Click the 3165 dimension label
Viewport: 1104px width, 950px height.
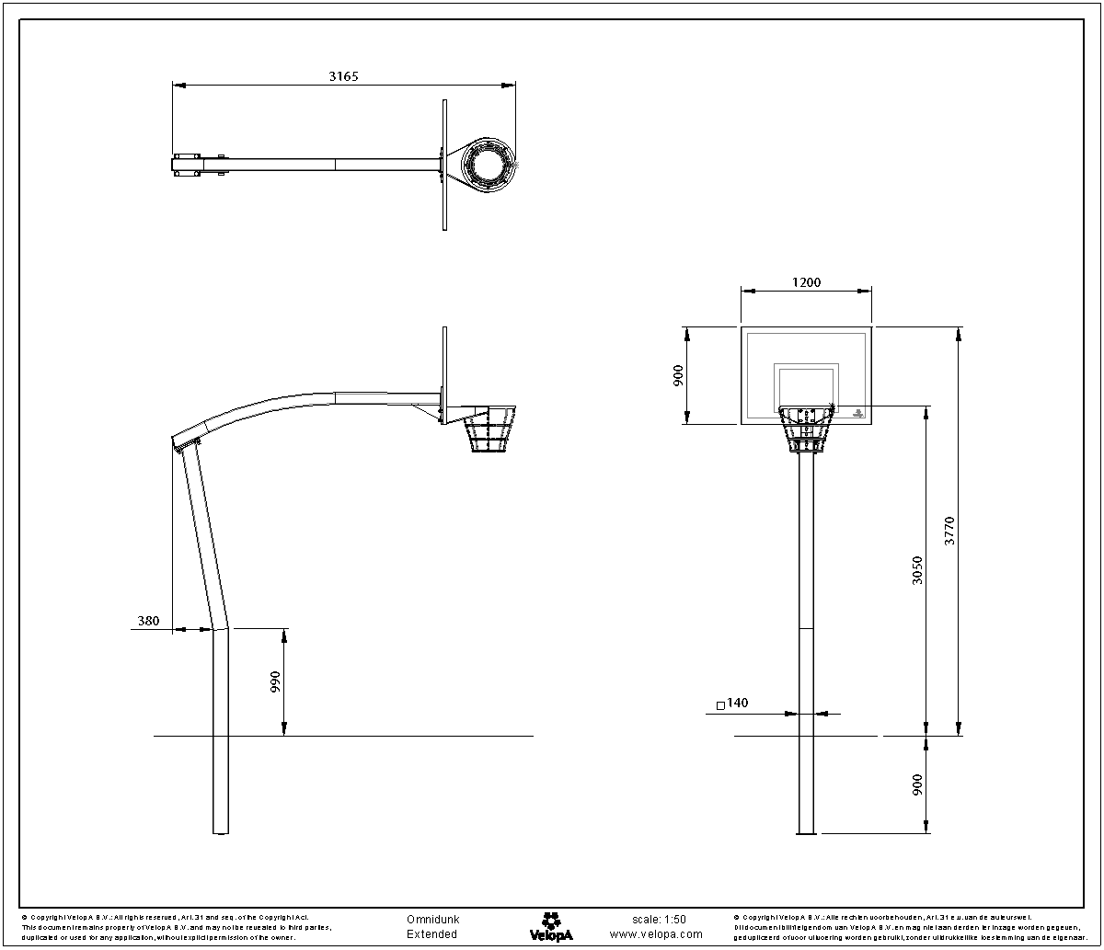coord(343,76)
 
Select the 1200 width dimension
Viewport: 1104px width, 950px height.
coord(806,282)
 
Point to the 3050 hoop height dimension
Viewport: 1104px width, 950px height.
coord(917,571)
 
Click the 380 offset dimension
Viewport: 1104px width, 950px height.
coord(148,621)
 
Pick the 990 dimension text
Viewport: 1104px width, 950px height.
coord(275,682)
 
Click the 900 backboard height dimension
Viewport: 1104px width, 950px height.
coord(678,376)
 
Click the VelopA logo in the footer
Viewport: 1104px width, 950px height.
coord(551,925)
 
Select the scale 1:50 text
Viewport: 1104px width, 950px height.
coord(659,919)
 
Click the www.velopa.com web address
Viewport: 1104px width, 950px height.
coord(656,933)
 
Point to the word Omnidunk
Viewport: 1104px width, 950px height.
coord(432,919)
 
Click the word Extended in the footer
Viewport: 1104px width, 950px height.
coord(431,933)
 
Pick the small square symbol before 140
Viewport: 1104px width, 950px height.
coord(719,706)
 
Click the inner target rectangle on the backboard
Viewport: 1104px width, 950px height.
coord(807,385)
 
